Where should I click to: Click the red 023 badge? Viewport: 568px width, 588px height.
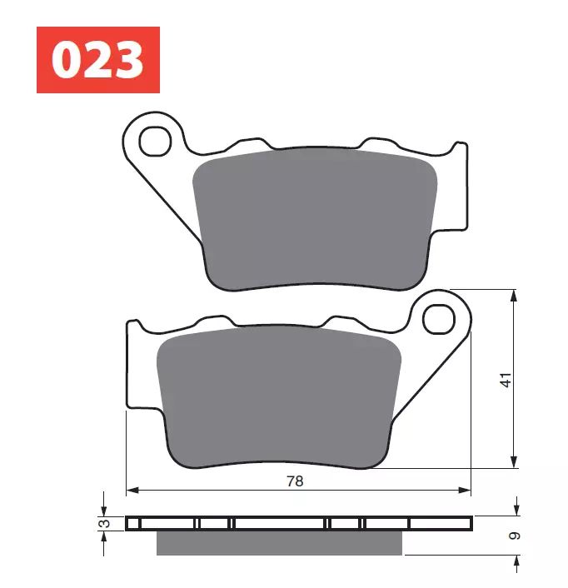97,59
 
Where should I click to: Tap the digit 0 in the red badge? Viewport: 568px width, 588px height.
67,60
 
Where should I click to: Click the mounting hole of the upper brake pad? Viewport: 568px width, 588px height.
154,142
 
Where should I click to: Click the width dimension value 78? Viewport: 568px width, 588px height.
295,481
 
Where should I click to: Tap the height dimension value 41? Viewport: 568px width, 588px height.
506,379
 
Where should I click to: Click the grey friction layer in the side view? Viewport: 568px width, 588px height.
279,543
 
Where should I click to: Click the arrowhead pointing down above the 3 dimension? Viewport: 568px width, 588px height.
104,511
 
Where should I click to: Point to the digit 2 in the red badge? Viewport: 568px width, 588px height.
97,60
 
